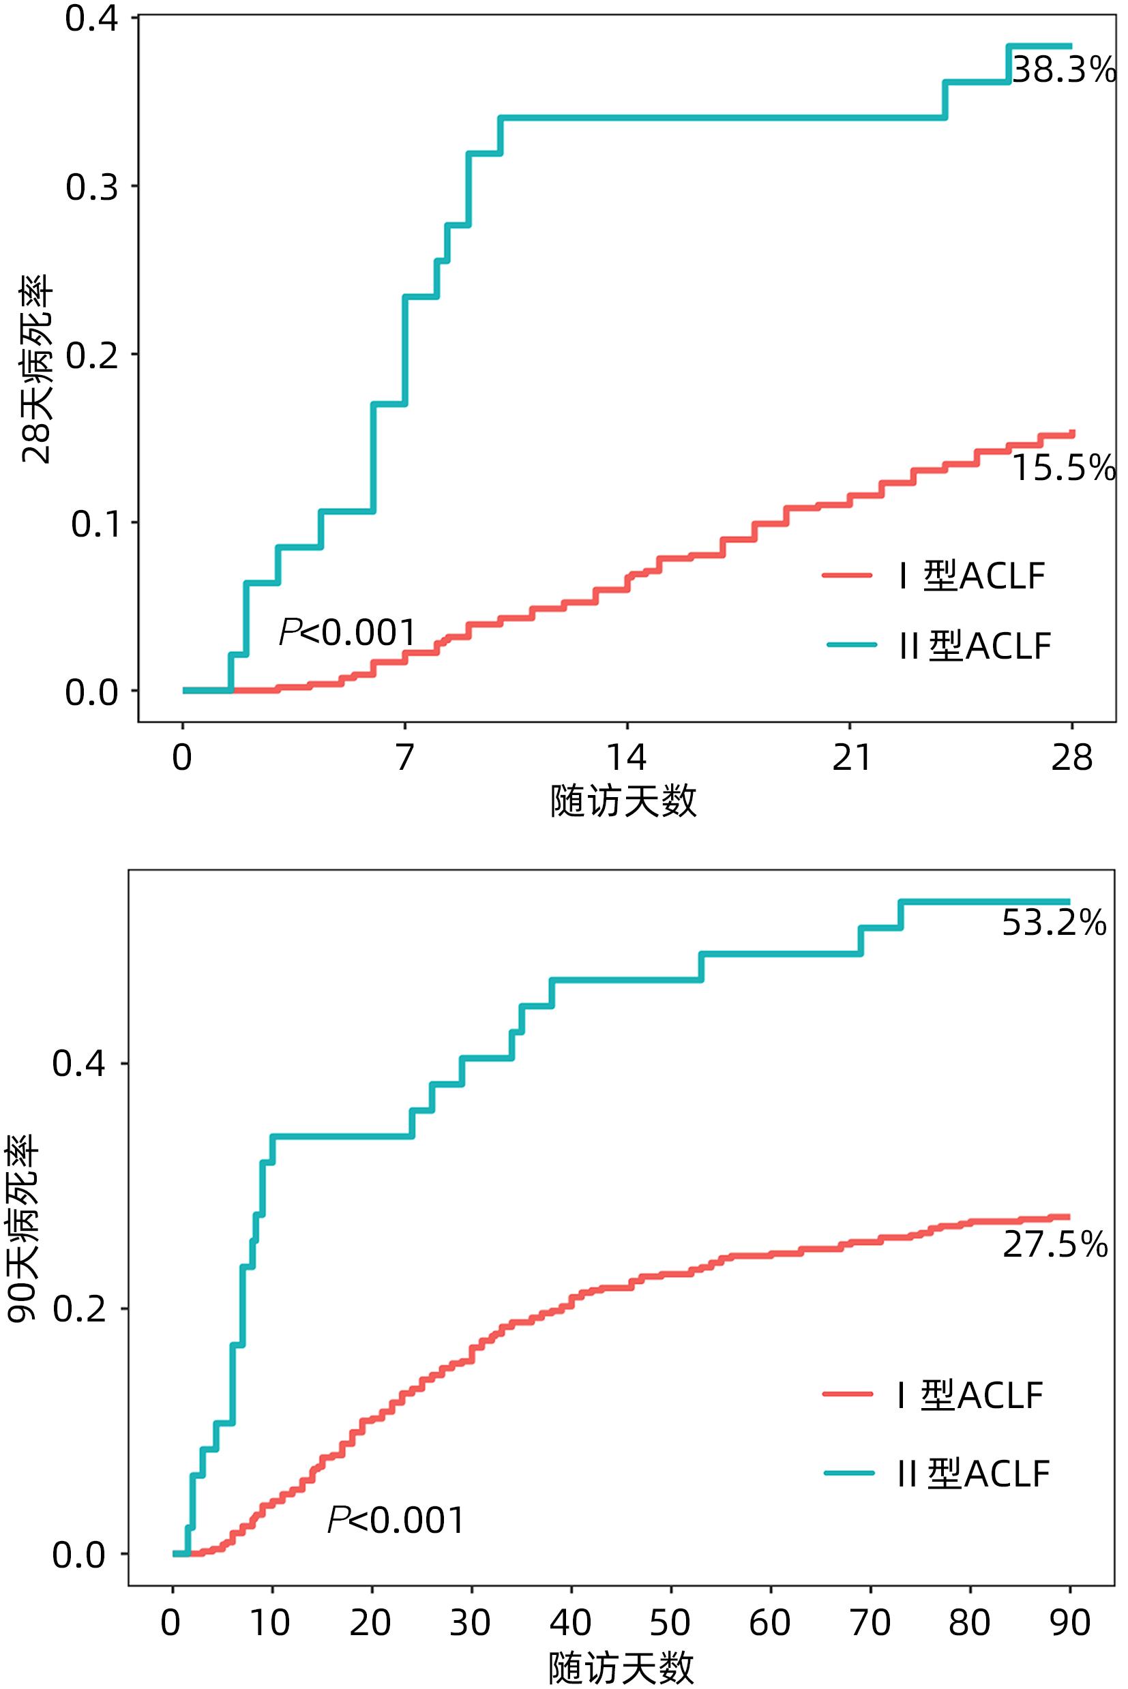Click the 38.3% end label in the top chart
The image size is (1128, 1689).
(1063, 70)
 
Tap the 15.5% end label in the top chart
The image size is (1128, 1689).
(1063, 468)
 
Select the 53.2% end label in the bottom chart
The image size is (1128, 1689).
(1054, 923)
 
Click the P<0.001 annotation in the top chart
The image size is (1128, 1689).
(346, 633)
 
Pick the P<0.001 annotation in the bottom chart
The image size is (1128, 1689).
(396, 1520)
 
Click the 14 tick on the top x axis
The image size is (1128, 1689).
(627, 758)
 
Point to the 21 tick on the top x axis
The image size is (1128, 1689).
(851, 758)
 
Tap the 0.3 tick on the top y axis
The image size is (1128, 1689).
(92, 188)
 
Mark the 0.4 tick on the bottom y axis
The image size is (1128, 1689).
(79, 1063)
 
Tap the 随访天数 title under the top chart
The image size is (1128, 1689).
(623, 801)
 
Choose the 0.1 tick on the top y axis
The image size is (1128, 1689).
(94, 524)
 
